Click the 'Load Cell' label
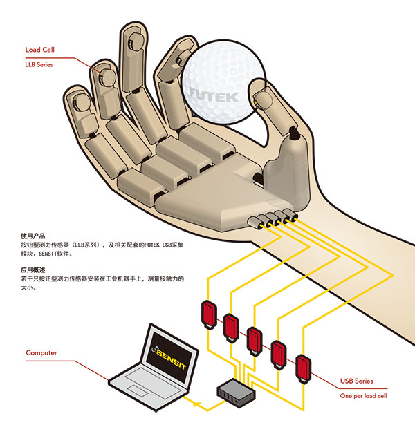click(x=39, y=50)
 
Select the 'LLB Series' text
click(x=39, y=64)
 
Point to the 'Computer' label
click(x=41, y=352)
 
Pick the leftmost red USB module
click(x=207, y=312)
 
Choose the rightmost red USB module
click(x=302, y=367)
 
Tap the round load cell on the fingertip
click(x=106, y=72)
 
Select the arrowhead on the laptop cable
click(x=199, y=402)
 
